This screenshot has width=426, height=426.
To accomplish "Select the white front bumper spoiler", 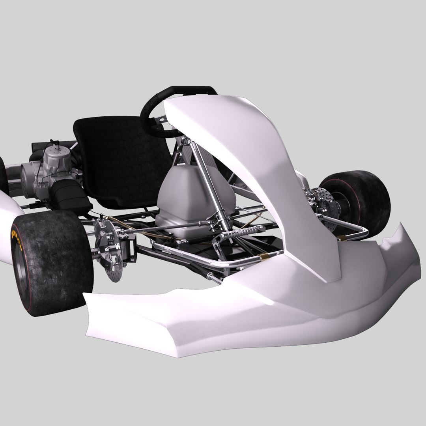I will click(x=237, y=316).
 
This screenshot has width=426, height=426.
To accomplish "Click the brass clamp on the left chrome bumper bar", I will click(x=261, y=257).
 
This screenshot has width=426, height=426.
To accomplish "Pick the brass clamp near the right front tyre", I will click(x=342, y=238).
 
